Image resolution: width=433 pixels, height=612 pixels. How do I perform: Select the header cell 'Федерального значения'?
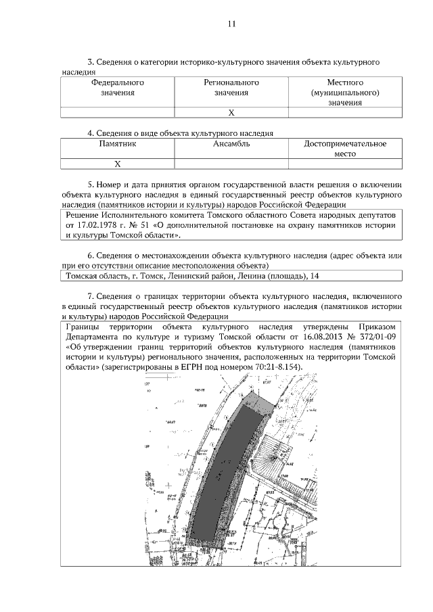[118, 87]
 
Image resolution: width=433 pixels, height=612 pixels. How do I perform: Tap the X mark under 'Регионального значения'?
[231, 112]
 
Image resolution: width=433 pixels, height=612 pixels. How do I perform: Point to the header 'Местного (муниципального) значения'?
[344, 93]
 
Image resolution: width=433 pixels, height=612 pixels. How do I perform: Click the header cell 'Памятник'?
[118, 144]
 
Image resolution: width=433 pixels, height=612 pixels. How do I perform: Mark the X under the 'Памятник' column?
[118, 164]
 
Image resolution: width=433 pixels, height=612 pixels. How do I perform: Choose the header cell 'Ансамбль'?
[231, 144]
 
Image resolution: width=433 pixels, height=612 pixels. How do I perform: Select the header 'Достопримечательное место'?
[345, 149]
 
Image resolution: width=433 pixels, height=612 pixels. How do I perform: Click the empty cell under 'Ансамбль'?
[231, 164]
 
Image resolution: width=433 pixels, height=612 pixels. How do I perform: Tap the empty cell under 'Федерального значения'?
[118, 112]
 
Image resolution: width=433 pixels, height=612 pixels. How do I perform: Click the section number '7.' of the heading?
[91, 296]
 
